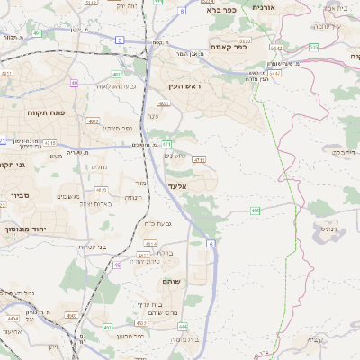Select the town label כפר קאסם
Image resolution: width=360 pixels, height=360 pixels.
click(229, 47)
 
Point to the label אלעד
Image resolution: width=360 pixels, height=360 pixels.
click(177, 184)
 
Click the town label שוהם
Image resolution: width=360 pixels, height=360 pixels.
click(173, 282)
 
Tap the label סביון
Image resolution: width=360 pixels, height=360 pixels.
click(20, 195)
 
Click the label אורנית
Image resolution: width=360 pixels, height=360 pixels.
click(264, 7)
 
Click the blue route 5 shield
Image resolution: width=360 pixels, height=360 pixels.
click(121, 40)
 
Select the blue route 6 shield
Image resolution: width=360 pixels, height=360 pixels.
click(211, 243)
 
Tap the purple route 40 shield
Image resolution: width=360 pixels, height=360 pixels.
click(74, 83)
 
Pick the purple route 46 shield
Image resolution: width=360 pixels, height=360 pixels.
click(117, 265)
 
